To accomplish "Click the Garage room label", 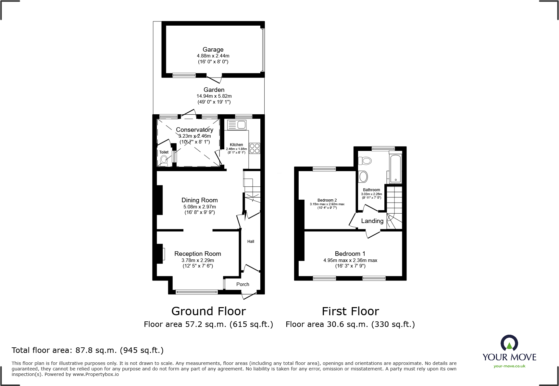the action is tap(213, 49).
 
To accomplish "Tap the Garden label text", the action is tap(214, 90).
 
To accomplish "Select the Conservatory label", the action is tap(194, 130).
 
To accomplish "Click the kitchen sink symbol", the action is tap(237, 124).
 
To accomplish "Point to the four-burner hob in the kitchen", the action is tap(255, 148).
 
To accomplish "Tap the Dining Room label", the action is tap(200, 200).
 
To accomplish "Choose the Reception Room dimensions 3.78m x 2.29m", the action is tap(198, 260).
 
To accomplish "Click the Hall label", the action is tap(251, 241).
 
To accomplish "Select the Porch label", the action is tap(243, 284).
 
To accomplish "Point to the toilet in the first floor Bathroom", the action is tap(365, 160).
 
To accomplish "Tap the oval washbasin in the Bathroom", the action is tap(363, 177).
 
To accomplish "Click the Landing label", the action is tap(372, 221).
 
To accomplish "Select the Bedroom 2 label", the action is tap(327, 200).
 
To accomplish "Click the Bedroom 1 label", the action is tap(350, 254).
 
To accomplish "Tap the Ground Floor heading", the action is tap(208, 311).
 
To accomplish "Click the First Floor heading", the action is tap(350, 311).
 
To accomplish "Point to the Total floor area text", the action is tap(88, 350).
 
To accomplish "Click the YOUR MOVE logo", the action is tap(509, 351).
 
